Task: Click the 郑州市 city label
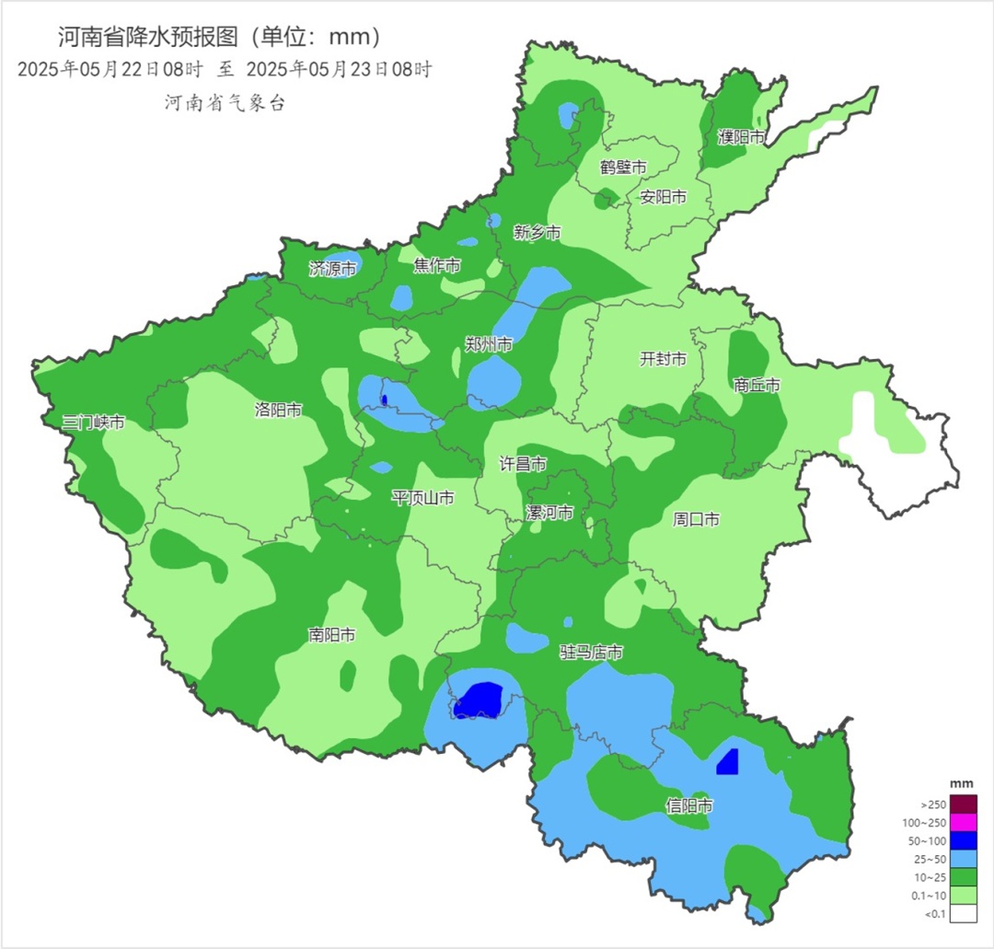click(x=488, y=344)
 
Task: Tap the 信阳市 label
click(x=689, y=805)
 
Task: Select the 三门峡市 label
click(x=94, y=422)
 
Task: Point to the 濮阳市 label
click(x=742, y=137)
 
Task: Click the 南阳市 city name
click(x=332, y=635)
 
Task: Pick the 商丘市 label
click(x=757, y=385)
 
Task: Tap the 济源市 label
click(x=332, y=269)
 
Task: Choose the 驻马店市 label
click(x=592, y=653)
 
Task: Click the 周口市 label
click(x=697, y=520)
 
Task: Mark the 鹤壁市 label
click(x=623, y=168)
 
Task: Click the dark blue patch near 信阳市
click(x=727, y=762)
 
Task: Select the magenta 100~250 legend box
click(x=964, y=822)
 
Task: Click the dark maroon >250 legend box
click(x=964, y=804)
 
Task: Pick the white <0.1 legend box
click(x=964, y=913)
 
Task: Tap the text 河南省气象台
click(x=225, y=103)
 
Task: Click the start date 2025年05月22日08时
click(x=110, y=69)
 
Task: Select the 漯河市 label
click(x=549, y=512)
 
